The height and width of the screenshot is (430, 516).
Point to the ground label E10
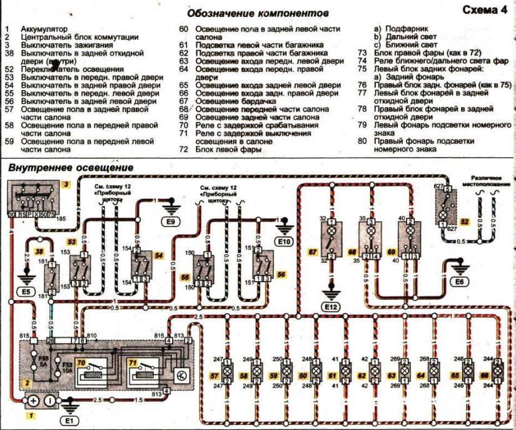(x=285, y=240)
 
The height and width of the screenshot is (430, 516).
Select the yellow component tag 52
(x=463, y=222)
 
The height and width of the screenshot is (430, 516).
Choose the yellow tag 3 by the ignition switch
(x=64, y=186)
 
